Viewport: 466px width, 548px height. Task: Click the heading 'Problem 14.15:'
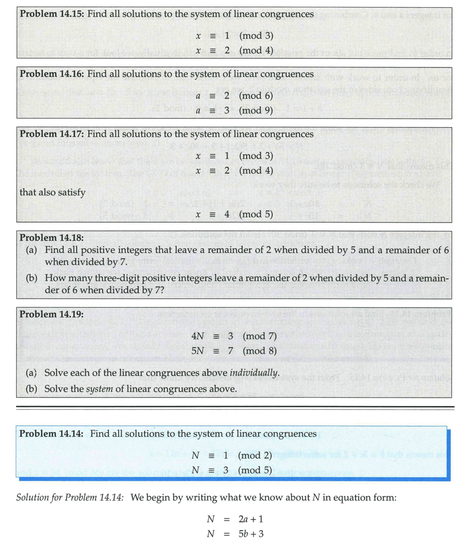(x=52, y=14)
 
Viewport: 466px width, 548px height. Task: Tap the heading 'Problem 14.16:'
(x=52, y=74)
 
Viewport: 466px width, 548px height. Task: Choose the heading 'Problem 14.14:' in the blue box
(x=51, y=434)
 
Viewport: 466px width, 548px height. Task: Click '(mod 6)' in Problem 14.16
(x=256, y=96)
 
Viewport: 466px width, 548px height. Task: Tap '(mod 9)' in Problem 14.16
(x=256, y=110)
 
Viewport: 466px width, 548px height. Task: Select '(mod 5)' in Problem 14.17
(x=256, y=214)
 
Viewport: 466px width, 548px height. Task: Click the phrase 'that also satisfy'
(x=52, y=192)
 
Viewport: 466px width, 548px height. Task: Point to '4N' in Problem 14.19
(x=198, y=336)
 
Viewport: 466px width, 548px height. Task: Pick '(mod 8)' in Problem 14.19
(x=259, y=350)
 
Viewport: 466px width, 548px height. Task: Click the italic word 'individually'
(x=254, y=373)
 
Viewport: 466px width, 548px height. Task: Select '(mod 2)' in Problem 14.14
(x=255, y=455)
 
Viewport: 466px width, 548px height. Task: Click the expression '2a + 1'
(x=251, y=519)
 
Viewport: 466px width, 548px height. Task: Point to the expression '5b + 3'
(x=251, y=534)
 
